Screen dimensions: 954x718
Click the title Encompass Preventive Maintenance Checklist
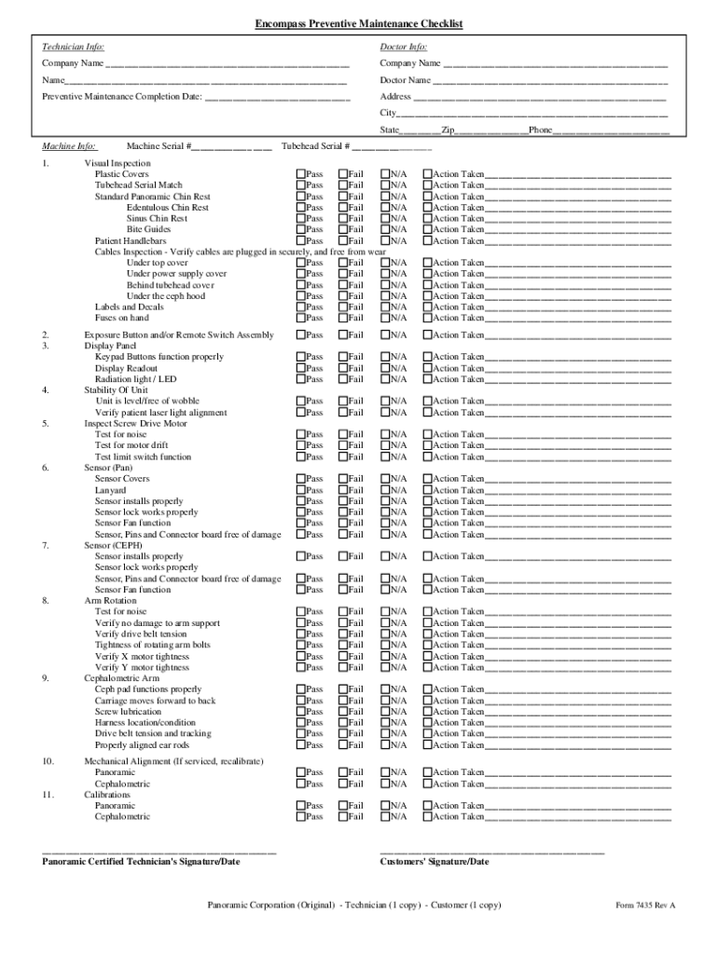point(359,23)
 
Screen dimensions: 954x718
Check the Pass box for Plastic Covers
point(301,174)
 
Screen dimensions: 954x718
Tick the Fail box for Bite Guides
point(343,229)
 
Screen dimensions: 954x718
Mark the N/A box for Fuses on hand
point(385,318)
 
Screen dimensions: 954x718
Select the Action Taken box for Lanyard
point(428,490)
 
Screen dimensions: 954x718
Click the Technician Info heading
point(74,46)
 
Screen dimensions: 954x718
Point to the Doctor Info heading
point(404,46)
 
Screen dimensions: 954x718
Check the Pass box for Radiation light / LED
point(301,379)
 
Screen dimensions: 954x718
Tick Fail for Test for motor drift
point(343,445)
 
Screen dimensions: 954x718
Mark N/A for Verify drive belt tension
point(385,634)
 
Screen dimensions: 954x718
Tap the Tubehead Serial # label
point(315,146)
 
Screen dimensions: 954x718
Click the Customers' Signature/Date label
point(434,862)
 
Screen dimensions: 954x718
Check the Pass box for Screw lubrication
point(301,712)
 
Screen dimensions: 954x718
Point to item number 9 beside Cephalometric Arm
point(46,678)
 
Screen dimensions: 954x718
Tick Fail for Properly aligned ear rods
point(343,745)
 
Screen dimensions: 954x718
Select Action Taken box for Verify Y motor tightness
point(428,667)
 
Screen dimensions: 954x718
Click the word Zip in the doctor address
point(449,130)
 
